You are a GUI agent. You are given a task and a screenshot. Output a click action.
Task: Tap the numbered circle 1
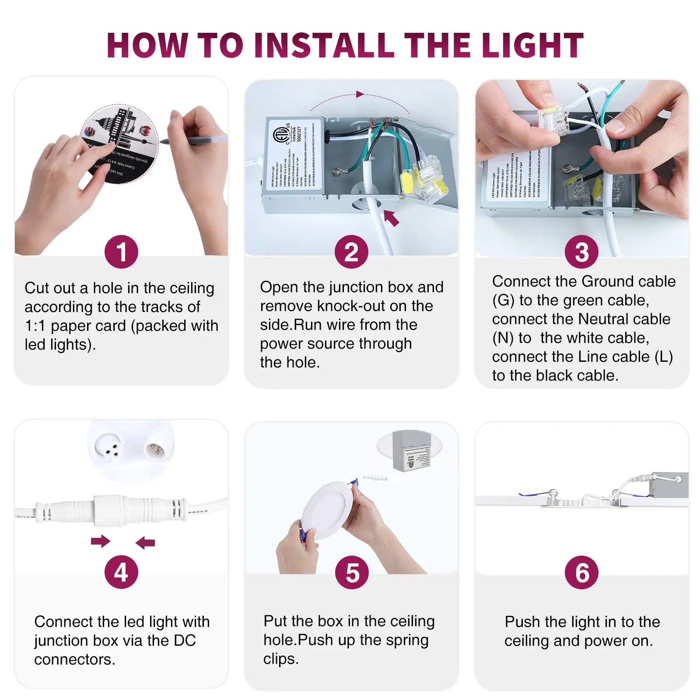[121, 252]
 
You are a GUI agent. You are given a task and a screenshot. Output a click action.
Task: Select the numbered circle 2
[351, 252]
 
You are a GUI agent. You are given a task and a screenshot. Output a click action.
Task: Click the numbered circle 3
[581, 252]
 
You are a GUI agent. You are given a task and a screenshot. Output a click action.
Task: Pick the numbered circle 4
[121, 572]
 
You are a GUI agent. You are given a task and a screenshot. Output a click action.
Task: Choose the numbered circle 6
[581, 573]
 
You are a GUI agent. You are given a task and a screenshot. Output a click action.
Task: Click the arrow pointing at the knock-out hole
[392, 217]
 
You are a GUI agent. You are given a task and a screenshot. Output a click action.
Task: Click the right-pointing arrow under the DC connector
[100, 541]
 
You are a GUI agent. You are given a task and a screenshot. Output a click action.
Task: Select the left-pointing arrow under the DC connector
[145, 543]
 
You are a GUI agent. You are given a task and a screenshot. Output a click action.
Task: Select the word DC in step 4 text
[184, 640]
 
